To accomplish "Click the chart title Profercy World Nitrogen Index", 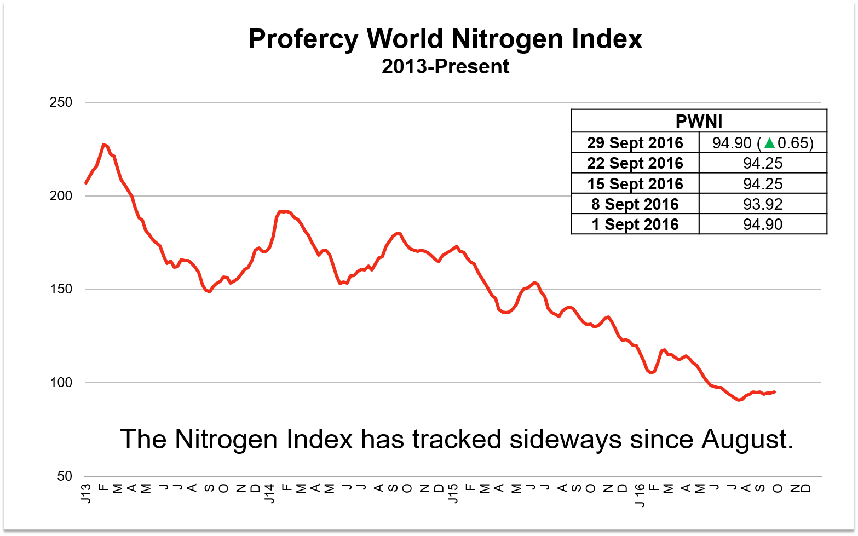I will coord(445,39).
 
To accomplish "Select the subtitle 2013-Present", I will coord(445,66).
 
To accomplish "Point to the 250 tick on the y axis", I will coord(61,102).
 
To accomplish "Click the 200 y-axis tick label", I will coord(61,196).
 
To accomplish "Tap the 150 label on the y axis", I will coord(61,289).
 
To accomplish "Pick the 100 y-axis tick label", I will coord(61,383).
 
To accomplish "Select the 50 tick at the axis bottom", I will coord(65,476).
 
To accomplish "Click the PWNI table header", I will coord(699,121).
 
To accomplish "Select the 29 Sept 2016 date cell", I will coord(635,143).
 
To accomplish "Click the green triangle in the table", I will coord(769,143).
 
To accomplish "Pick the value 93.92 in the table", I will coord(763,204).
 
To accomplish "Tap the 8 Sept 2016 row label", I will coord(635,204).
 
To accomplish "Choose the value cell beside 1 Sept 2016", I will coord(763,224).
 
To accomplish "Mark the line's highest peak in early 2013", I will coord(103,145).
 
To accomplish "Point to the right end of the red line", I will coord(774,391).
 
